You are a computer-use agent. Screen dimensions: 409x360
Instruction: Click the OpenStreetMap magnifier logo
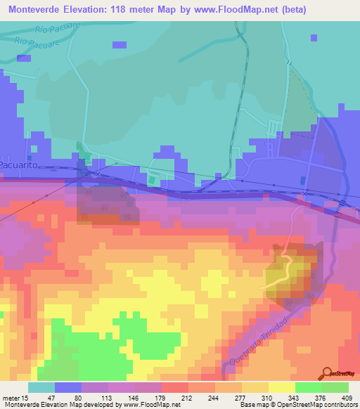pos(328,372)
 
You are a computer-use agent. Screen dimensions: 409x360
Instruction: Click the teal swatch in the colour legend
pos(41,388)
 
